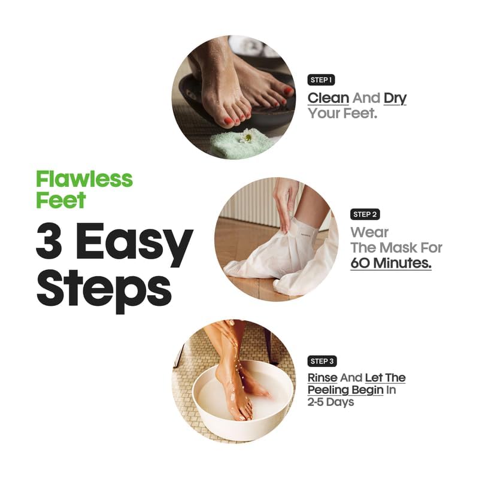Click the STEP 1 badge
[x=322, y=80]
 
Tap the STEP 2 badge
[x=365, y=214]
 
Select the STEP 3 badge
[x=322, y=361]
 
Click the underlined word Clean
[x=328, y=98]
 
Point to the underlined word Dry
[x=395, y=98]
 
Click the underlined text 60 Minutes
[x=390, y=263]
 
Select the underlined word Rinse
[x=323, y=378]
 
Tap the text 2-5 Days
[x=331, y=402]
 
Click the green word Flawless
[x=84, y=178]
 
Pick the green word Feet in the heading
[x=60, y=199]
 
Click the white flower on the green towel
[x=247, y=137]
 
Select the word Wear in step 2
[x=369, y=232]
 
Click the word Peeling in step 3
[x=328, y=390]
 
